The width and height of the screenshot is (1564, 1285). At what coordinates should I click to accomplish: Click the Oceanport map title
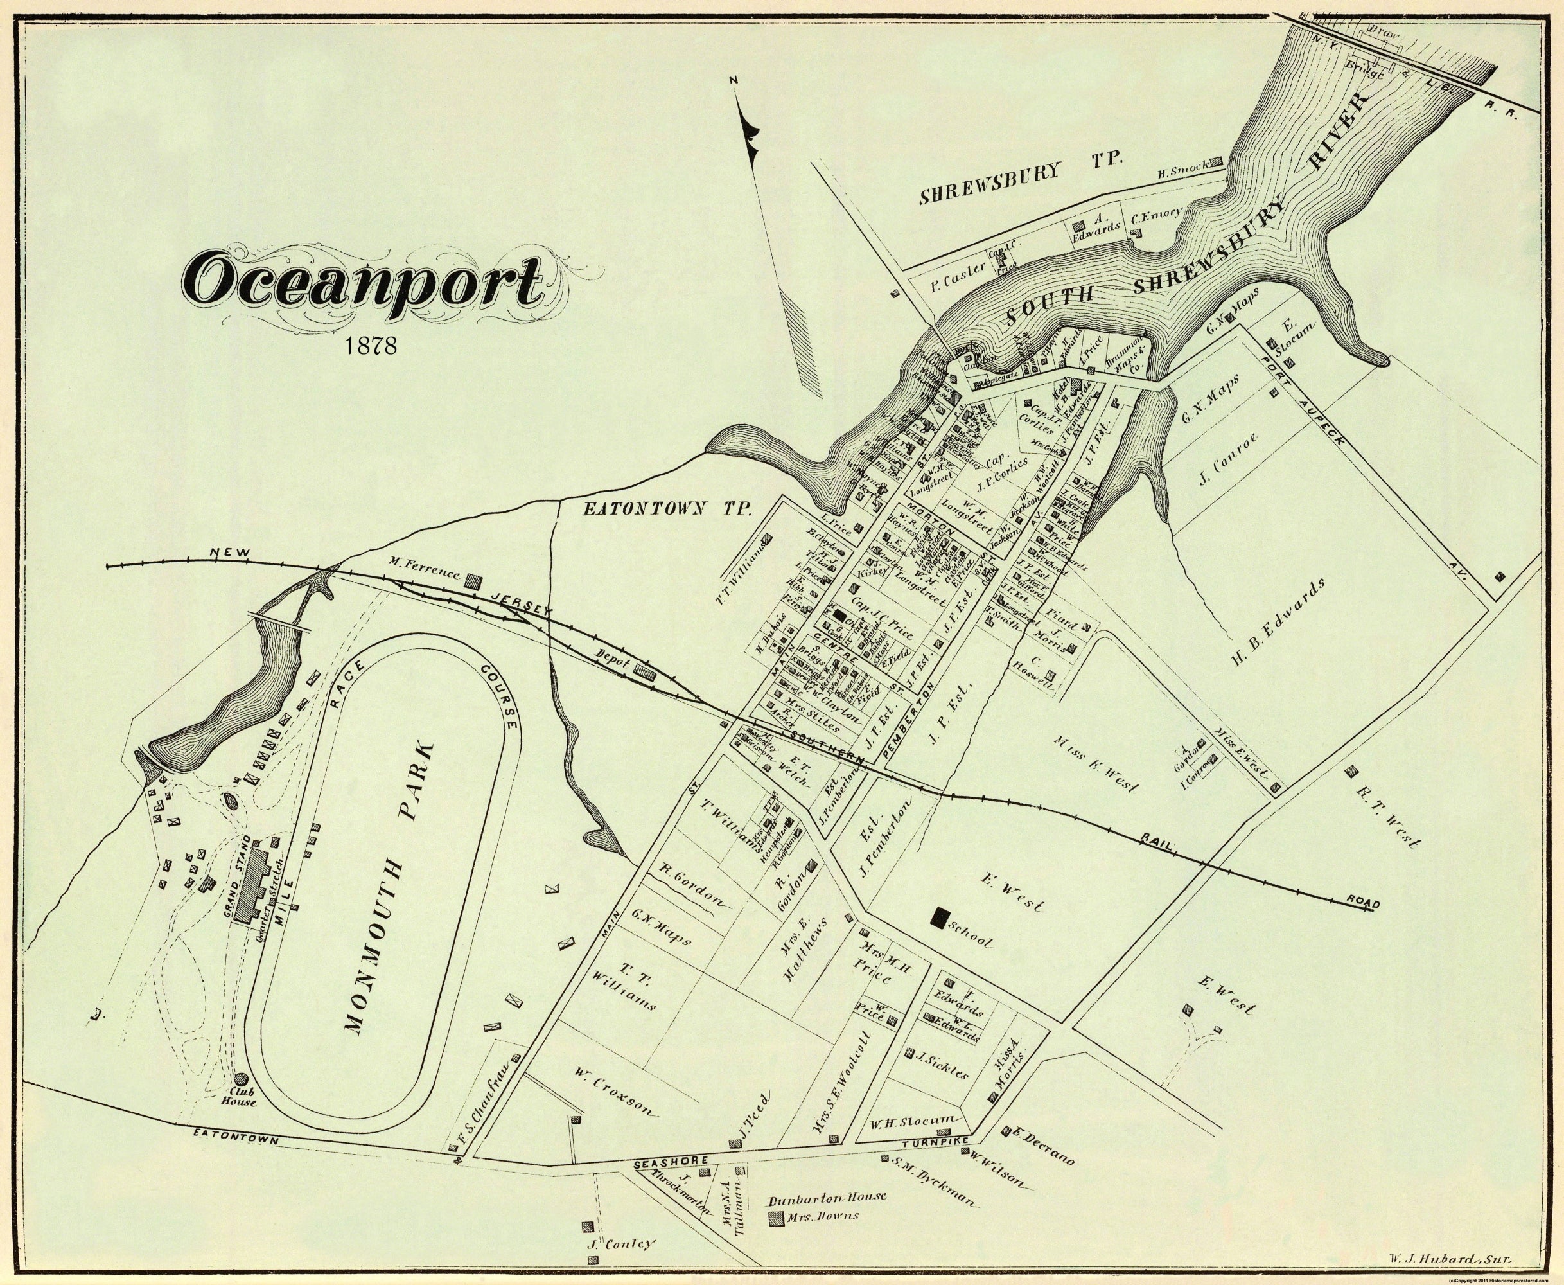click(366, 287)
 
